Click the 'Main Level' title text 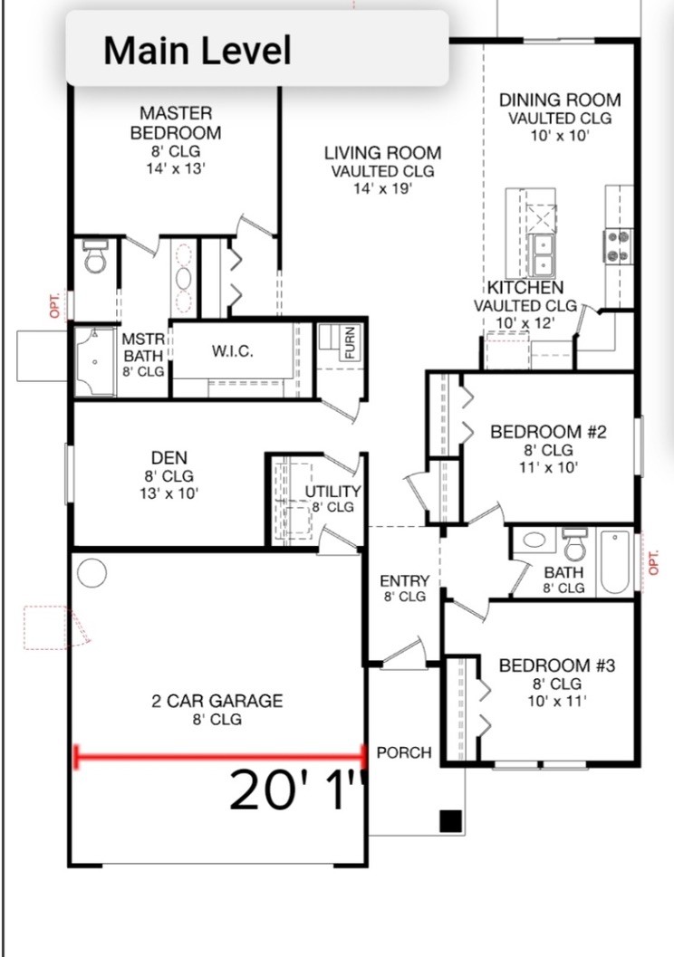coord(197,50)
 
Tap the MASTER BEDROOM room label coord(176,122)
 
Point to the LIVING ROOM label coord(383,153)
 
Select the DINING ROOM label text coord(560,100)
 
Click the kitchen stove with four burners coord(618,245)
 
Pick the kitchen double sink coord(542,254)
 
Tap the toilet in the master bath coord(94,256)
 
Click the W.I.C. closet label coord(233,351)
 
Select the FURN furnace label coord(351,342)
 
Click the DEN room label coord(169,458)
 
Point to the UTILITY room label coord(332,492)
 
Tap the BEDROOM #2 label coord(548,432)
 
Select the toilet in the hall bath coord(574,544)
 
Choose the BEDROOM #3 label coord(557,665)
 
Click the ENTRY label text coord(405,580)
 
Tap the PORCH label coord(404,752)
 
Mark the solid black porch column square coord(450,821)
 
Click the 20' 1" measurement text coord(297,790)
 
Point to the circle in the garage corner coord(92,573)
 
